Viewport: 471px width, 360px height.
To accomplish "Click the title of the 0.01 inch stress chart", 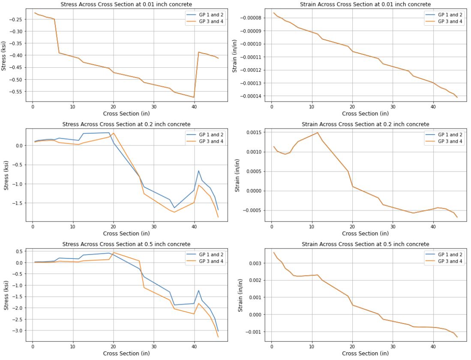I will (126, 4).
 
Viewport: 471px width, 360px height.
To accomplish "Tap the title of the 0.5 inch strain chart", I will (365, 244).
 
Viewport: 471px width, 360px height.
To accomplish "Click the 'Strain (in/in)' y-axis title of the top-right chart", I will (235, 54).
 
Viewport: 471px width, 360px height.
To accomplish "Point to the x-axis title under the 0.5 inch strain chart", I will (365, 354).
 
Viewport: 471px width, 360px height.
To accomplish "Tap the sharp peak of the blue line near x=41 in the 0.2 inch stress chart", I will (198, 171).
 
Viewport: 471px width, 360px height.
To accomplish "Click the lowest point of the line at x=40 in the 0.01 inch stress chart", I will (194, 97).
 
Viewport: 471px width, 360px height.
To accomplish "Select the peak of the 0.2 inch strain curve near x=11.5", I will (318, 132).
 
